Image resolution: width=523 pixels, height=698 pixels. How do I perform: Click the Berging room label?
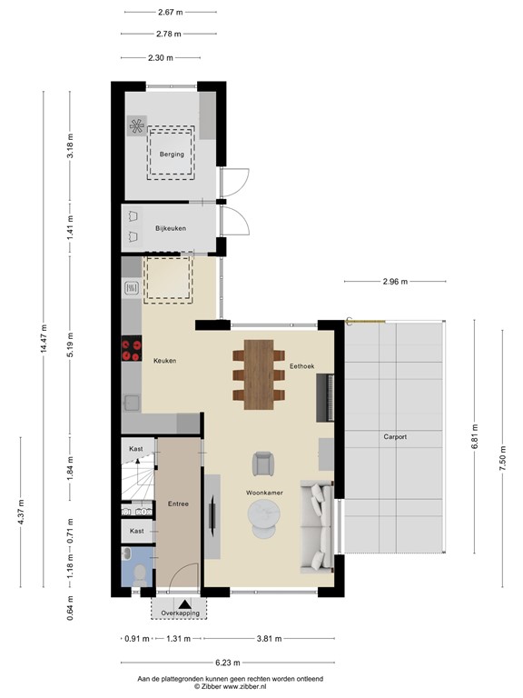click(172, 155)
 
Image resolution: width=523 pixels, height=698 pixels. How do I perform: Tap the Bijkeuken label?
click(171, 228)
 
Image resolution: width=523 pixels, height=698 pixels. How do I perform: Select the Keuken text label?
click(164, 361)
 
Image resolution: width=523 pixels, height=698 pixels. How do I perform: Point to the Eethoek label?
click(301, 366)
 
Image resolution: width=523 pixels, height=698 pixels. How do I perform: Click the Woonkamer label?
click(264, 492)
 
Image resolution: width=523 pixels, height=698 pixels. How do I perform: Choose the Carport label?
click(395, 437)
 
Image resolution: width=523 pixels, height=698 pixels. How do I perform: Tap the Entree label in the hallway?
click(178, 504)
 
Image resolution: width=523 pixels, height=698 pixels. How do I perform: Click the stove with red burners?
click(131, 347)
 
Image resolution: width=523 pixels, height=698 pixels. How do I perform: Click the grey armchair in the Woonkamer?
click(263, 463)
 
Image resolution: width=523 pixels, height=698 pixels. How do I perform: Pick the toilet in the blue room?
click(141, 572)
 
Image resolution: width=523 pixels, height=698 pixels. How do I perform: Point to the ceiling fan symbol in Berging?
click(138, 127)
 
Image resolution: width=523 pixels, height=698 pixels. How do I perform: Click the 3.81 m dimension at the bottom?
click(270, 639)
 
